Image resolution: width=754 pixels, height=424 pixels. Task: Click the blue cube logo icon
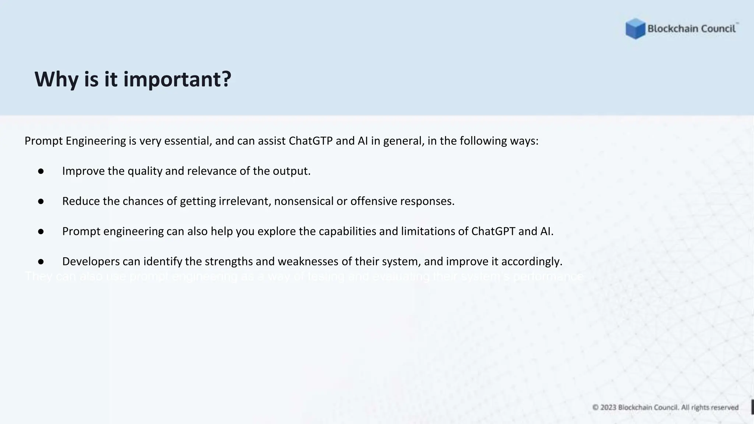click(635, 29)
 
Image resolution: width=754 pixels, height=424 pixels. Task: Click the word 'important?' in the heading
click(177, 79)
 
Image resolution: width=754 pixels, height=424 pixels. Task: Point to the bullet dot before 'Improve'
click(41, 171)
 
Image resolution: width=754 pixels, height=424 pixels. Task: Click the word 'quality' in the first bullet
click(145, 171)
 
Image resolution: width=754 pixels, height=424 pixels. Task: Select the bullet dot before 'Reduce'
click(41, 201)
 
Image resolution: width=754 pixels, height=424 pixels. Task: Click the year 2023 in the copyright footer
click(608, 407)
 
